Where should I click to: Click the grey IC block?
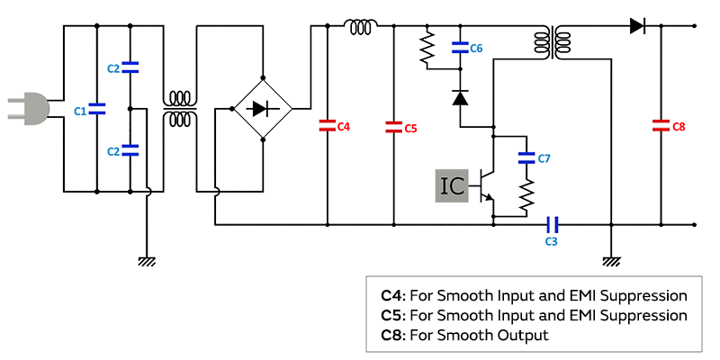[x=453, y=185]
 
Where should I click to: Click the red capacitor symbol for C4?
[x=327, y=127]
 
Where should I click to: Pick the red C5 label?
[x=409, y=128]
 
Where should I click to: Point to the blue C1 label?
[x=80, y=111]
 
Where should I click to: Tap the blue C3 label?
[x=552, y=241]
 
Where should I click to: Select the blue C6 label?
[x=476, y=48]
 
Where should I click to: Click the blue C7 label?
[x=543, y=158]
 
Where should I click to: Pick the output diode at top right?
[x=637, y=26]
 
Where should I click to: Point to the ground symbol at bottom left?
[x=147, y=261]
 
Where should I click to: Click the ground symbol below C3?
[x=611, y=261]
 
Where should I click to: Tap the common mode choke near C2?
[x=179, y=109]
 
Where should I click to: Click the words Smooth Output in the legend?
[x=505, y=335]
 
